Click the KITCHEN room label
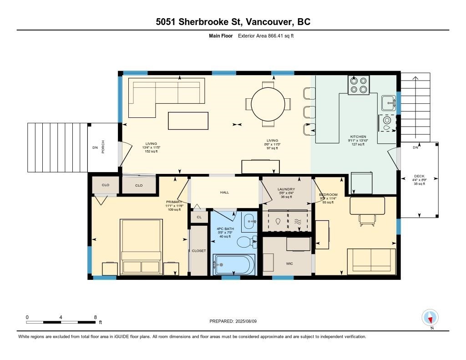pos(358,137)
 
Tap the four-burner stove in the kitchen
pos(359,86)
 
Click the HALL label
pos(224,193)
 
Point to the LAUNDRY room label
pos(286,189)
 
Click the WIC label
pos(289,264)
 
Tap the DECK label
pos(419,177)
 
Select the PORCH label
pos(103,147)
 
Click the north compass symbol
pos(430,317)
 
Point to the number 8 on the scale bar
pos(95,317)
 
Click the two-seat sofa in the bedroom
pos(370,259)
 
